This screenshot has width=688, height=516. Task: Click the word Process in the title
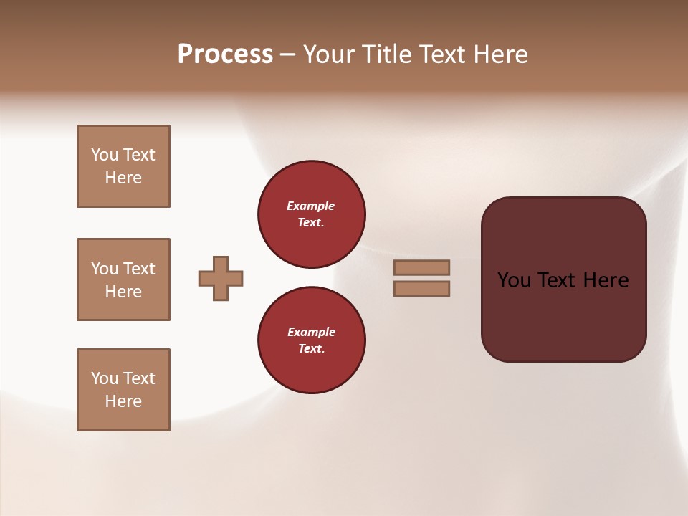tap(225, 54)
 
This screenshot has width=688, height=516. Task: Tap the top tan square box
tap(123, 166)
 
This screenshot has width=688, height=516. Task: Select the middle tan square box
tap(123, 279)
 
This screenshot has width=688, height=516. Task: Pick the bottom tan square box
tap(123, 390)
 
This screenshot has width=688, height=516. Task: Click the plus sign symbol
tap(221, 278)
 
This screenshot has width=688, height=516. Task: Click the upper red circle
tap(312, 214)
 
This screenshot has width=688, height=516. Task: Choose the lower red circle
tap(312, 340)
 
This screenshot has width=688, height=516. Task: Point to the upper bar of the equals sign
tap(422, 267)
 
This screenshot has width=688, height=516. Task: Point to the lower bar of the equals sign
tap(422, 288)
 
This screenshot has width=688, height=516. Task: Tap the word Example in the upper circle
tap(311, 206)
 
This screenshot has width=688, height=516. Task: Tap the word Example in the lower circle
tap(311, 332)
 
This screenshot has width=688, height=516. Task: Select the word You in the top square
tap(105, 155)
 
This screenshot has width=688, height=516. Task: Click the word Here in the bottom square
tap(123, 401)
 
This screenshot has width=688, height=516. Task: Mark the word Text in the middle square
tap(139, 269)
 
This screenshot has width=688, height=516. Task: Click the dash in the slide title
tap(288, 54)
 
